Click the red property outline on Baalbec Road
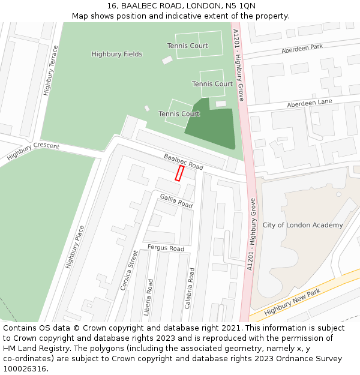click(x=179, y=173)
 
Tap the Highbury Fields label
click(x=117, y=54)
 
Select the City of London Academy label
click(x=302, y=225)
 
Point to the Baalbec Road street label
click(x=183, y=161)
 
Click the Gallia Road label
click(x=176, y=201)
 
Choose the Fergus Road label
click(x=165, y=248)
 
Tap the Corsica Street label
click(x=128, y=271)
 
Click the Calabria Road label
click(x=190, y=288)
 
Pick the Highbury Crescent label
click(x=33, y=152)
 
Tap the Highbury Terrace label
click(x=50, y=71)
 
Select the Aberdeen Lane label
click(x=309, y=103)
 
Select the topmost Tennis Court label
click(x=187, y=46)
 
